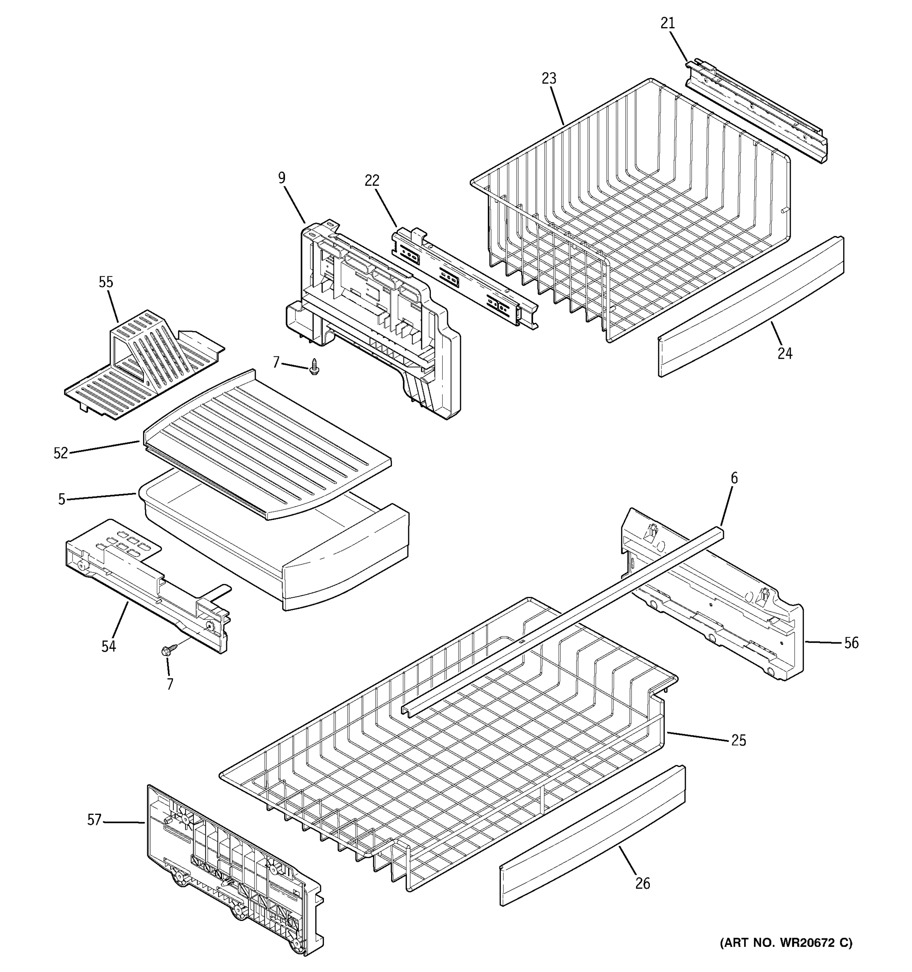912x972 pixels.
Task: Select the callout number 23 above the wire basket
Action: click(549, 78)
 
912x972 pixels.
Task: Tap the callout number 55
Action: click(106, 282)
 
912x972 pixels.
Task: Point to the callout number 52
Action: click(61, 453)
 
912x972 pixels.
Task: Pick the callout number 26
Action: click(642, 883)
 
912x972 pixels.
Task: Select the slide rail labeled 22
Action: click(465, 277)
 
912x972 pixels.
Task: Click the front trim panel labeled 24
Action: click(749, 308)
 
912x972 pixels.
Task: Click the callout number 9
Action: click(282, 178)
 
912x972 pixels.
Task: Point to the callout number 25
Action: click(738, 740)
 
